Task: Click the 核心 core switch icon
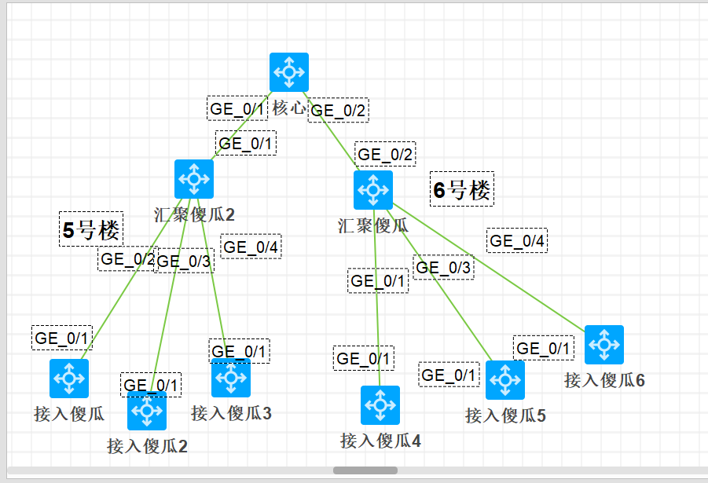[x=289, y=72]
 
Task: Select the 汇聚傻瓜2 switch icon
[x=194, y=179]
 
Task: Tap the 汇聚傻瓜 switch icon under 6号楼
[x=373, y=190]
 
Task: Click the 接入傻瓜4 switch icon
[x=380, y=405]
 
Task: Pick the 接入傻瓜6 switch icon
[x=604, y=345]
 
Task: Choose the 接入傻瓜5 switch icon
[x=505, y=380]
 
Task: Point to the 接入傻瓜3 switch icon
[x=231, y=379]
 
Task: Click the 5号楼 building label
[x=91, y=230]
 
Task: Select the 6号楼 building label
[x=462, y=189]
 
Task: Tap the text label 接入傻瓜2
[x=147, y=447]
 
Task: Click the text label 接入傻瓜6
[x=604, y=381]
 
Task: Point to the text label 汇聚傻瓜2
[x=194, y=214]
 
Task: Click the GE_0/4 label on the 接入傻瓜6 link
[x=517, y=240]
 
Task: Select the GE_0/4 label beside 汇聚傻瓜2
[x=251, y=247]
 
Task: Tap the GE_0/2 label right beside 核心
[x=339, y=111]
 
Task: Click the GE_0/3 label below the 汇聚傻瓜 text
[x=444, y=268]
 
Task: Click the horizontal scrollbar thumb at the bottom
[x=365, y=470]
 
